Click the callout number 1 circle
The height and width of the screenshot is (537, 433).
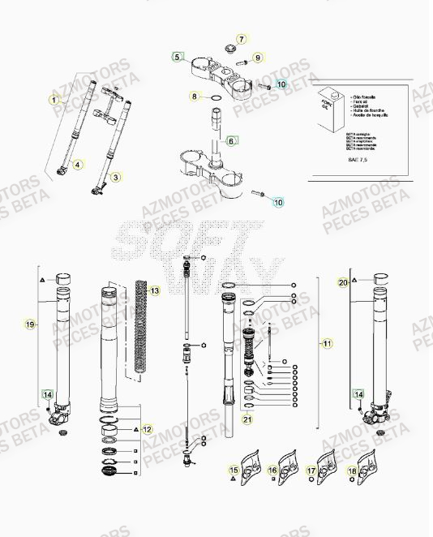pyautogui.click(x=54, y=100)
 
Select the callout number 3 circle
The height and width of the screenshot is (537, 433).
pyautogui.click(x=115, y=177)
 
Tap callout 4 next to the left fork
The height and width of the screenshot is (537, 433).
pyautogui.click(x=78, y=165)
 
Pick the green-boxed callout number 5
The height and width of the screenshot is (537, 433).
pyautogui.click(x=178, y=58)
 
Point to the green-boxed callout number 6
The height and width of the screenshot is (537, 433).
pyautogui.click(x=231, y=140)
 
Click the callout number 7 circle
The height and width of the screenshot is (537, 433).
pyautogui.click(x=241, y=38)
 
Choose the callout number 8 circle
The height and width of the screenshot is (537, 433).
pyautogui.click(x=195, y=97)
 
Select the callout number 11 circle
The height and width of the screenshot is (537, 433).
pyautogui.click(x=328, y=344)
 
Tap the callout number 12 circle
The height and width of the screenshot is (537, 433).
pyautogui.click(x=147, y=428)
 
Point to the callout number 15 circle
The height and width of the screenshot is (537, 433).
pyautogui.click(x=234, y=470)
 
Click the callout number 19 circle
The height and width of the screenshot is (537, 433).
pyautogui.click(x=31, y=324)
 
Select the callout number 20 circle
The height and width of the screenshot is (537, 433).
pyautogui.click(x=343, y=282)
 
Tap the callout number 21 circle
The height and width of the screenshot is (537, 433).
pyautogui.click(x=247, y=419)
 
